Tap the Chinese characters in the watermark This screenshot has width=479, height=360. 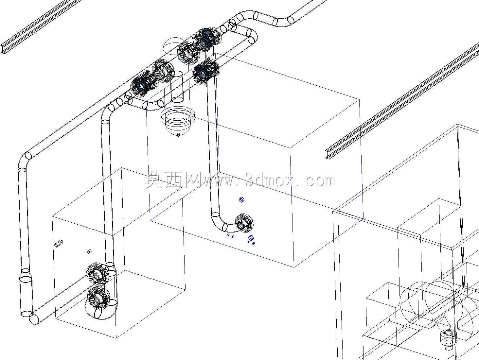pyautogui.click(x=172, y=179)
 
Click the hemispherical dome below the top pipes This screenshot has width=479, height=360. pyautogui.click(x=177, y=121)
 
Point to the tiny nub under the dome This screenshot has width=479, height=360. pyautogui.click(x=179, y=134)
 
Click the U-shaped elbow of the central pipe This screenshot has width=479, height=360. pyautogui.click(x=219, y=224)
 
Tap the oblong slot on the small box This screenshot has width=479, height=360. pyautogui.click(x=59, y=243)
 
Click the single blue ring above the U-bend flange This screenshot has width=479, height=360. pyautogui.click(x=241, y=199)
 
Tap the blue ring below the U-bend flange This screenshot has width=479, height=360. pyautogui.click(x=251, y=237)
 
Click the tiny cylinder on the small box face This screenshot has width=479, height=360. pyautogui.click(x=89, y=252)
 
